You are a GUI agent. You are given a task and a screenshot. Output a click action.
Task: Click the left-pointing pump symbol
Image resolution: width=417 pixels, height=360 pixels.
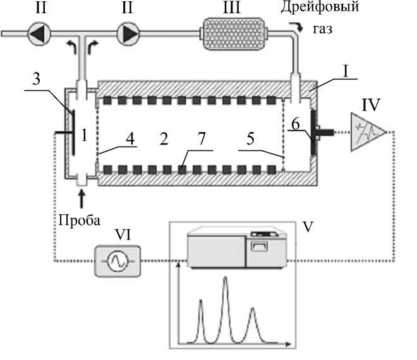(x=38, y=33)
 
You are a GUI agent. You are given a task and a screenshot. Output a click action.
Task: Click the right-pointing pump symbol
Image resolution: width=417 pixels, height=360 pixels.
(x=129, y=33)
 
